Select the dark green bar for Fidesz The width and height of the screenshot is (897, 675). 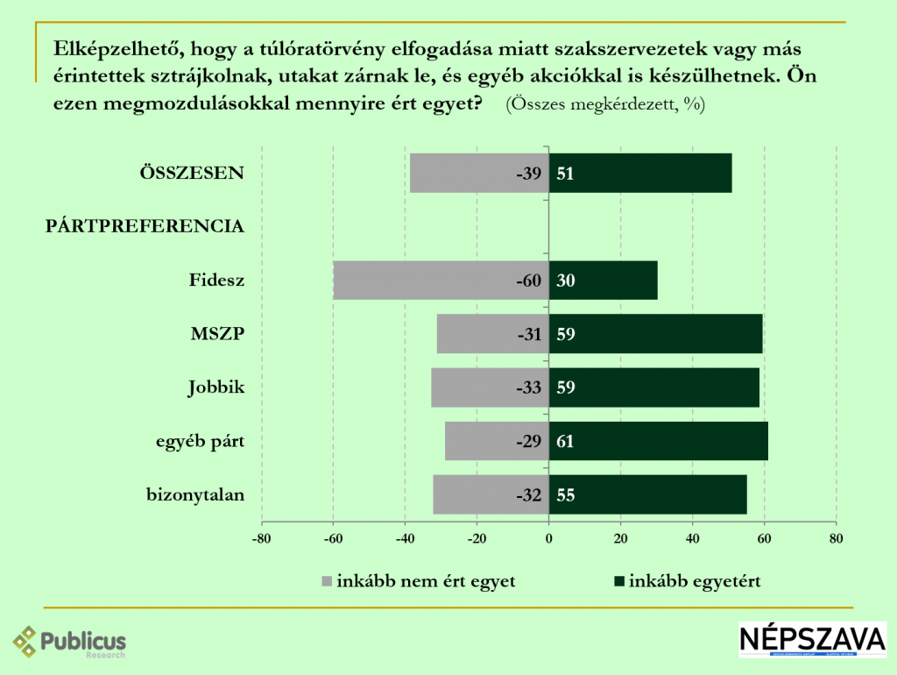(x=613, y=281)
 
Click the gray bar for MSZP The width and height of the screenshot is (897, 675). (x=477, y=334)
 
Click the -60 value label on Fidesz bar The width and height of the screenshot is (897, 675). (x=528, y=281)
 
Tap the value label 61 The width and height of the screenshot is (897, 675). (x=566, y=441)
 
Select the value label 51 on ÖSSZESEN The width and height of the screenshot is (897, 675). (x=566, y=174)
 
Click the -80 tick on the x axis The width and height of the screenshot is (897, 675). (x=261, y=538)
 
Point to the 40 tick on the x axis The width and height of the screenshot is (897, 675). (x=692, y=538)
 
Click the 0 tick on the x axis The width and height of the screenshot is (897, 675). (x=548, y=538)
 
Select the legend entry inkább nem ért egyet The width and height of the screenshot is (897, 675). (x=420, y=580)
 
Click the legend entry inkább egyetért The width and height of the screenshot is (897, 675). (x=688, y=580)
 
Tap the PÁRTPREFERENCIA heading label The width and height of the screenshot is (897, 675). (x=145, y=226)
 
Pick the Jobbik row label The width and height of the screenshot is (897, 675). (x=215, y=387)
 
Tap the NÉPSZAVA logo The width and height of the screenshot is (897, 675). (x=812, y=640)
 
